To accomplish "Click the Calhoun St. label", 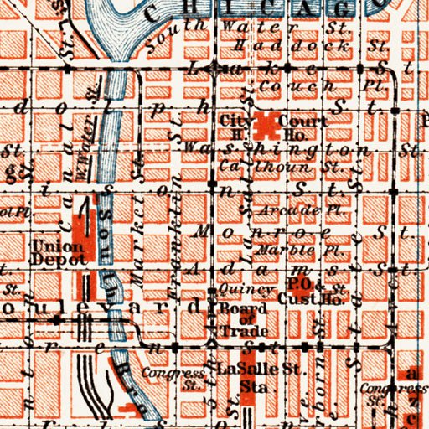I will [x=246, y=169].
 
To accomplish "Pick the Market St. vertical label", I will [x=139, y=251].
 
